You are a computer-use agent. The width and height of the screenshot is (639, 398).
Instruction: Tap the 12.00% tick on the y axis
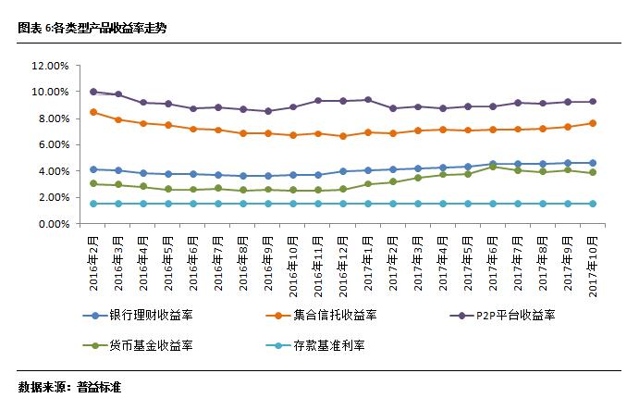tap(50, 66)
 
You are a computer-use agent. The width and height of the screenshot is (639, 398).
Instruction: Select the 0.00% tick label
tap(53, 224)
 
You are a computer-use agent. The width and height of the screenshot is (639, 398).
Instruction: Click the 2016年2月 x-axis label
tap(93, 266)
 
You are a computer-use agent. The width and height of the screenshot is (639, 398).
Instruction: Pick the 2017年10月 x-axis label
tap(592, 266)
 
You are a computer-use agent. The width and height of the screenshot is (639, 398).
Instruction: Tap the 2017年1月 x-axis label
tap(368, 266)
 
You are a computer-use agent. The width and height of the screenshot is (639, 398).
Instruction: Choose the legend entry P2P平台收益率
tap(515, 316)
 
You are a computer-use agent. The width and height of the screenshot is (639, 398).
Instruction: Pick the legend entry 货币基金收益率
tap(146, 345)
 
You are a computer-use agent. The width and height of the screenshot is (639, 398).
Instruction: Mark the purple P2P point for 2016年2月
tap(93, 92)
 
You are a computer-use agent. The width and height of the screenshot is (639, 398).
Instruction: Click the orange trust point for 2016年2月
tap(93, 112)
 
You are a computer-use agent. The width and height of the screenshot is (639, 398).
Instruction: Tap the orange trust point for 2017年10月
tap(592, 123)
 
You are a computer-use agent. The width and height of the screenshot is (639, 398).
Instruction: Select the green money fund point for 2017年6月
tap(492, 167)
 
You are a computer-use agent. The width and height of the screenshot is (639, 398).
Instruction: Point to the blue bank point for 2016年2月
tap(93, 169)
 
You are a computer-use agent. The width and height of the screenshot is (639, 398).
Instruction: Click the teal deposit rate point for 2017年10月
tap(592, 204)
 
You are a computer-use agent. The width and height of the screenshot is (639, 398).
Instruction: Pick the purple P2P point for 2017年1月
tap(368, 100)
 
